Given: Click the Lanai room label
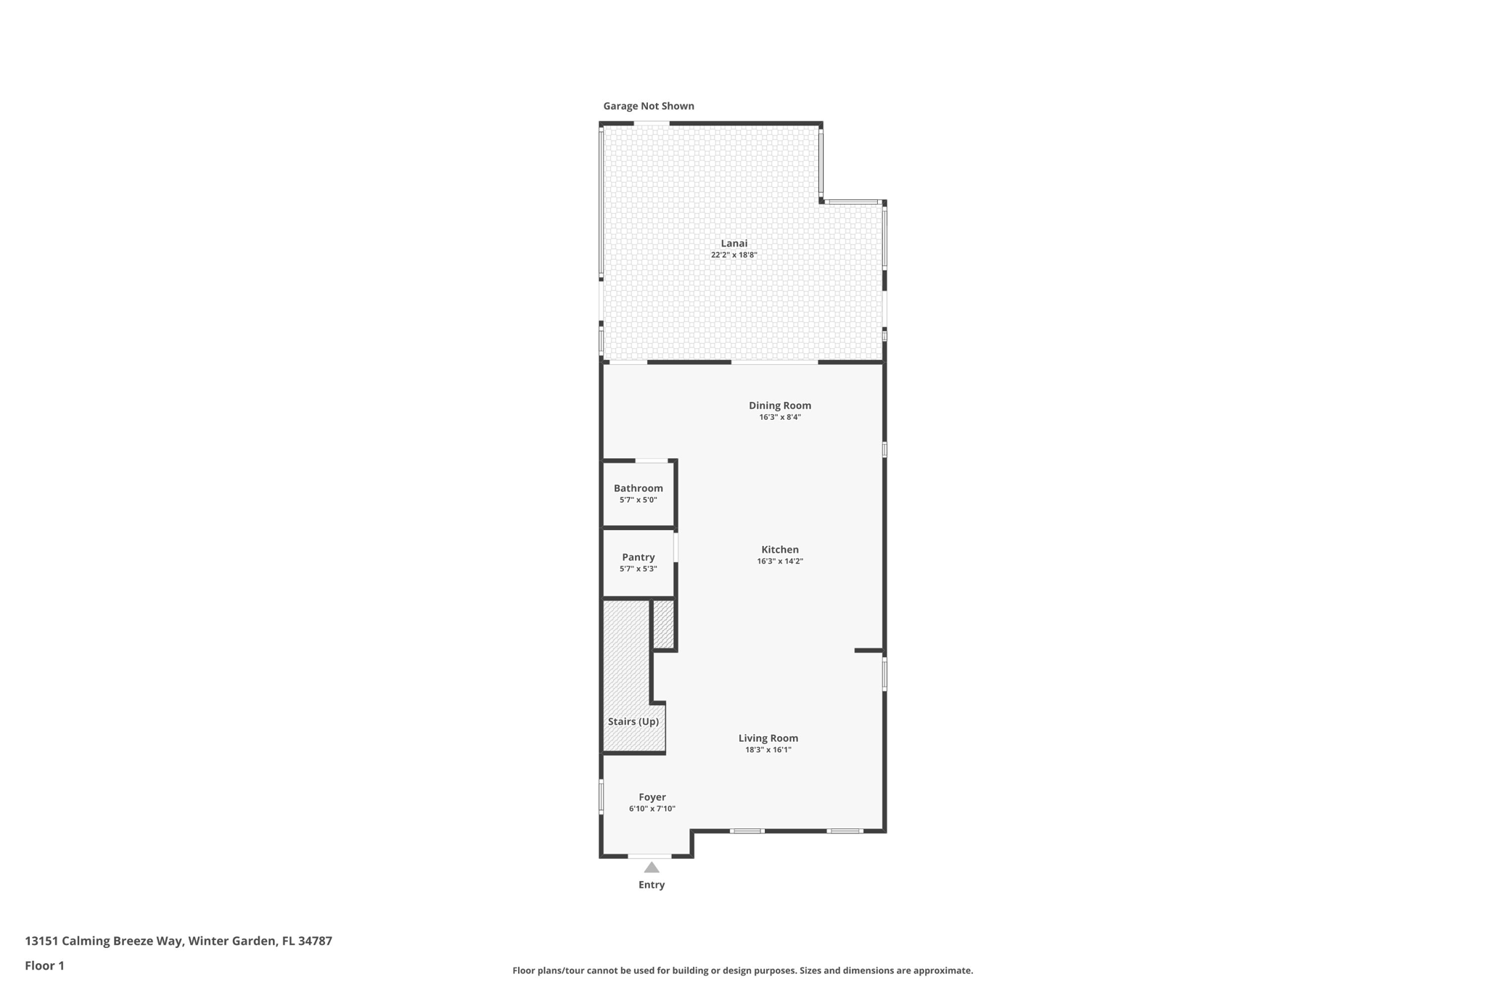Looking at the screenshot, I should coord(734,244).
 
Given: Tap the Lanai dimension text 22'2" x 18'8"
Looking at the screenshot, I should coord(734,255).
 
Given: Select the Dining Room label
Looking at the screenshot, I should coord(780,405).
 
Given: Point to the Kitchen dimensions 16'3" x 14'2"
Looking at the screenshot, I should coord(780,561).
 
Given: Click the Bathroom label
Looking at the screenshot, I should coord(638,488).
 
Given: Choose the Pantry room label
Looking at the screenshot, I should coord(638,557).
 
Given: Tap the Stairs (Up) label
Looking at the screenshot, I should coord(633,722).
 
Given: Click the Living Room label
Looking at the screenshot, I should coord(768,738).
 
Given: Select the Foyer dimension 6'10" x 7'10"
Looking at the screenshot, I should coord(652,809).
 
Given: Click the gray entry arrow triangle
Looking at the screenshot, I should coord(652,867).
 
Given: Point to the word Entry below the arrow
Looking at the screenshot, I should coord(652,885).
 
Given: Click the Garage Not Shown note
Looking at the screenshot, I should coord(649,106).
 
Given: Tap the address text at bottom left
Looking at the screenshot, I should coord(178,941).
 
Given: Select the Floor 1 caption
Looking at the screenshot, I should coord(44,966).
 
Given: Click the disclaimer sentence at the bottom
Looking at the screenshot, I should coord(742,970).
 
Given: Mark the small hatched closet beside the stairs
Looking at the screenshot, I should coord(664,624).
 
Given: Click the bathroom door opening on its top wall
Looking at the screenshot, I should coord(652,461).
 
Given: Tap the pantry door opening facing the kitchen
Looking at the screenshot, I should coord(676,548).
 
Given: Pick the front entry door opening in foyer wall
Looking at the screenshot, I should coord(649,857).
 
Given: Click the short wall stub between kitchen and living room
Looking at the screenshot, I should coord(868,651).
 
